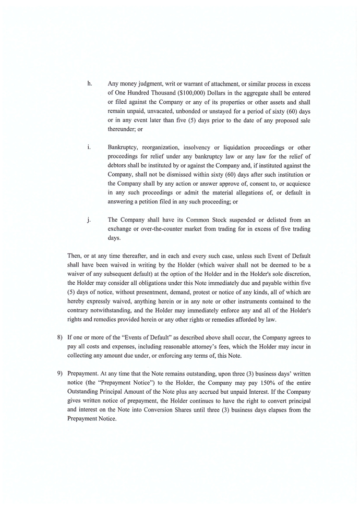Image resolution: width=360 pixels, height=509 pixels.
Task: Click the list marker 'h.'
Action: (x=90, y=83)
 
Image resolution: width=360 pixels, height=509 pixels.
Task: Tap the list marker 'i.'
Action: (x=89, y=147)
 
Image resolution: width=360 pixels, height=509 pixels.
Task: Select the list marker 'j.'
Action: (x=89, y=220)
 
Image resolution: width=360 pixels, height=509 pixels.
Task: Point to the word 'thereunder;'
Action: (x=122, y=129)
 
